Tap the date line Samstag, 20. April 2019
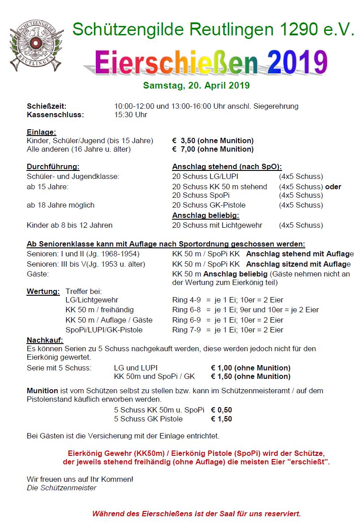point(196,85)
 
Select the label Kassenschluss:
point(55,115)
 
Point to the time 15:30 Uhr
point(131,115)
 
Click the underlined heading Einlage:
point(41,132)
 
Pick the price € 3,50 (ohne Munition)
point(213,140)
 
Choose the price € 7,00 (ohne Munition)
point(213,149)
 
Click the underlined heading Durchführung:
point(53,167)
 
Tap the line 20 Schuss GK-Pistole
point(209,205)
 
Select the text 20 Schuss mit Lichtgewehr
point(217,225)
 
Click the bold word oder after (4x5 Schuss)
point(334,187)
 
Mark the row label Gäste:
point(38,273)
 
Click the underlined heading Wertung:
point(43,292)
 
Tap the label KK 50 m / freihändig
point(99,310)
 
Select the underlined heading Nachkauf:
point(45,340)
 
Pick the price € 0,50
point(221,410)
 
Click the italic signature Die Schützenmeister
point(61,488)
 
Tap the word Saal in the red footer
point(233,514)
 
